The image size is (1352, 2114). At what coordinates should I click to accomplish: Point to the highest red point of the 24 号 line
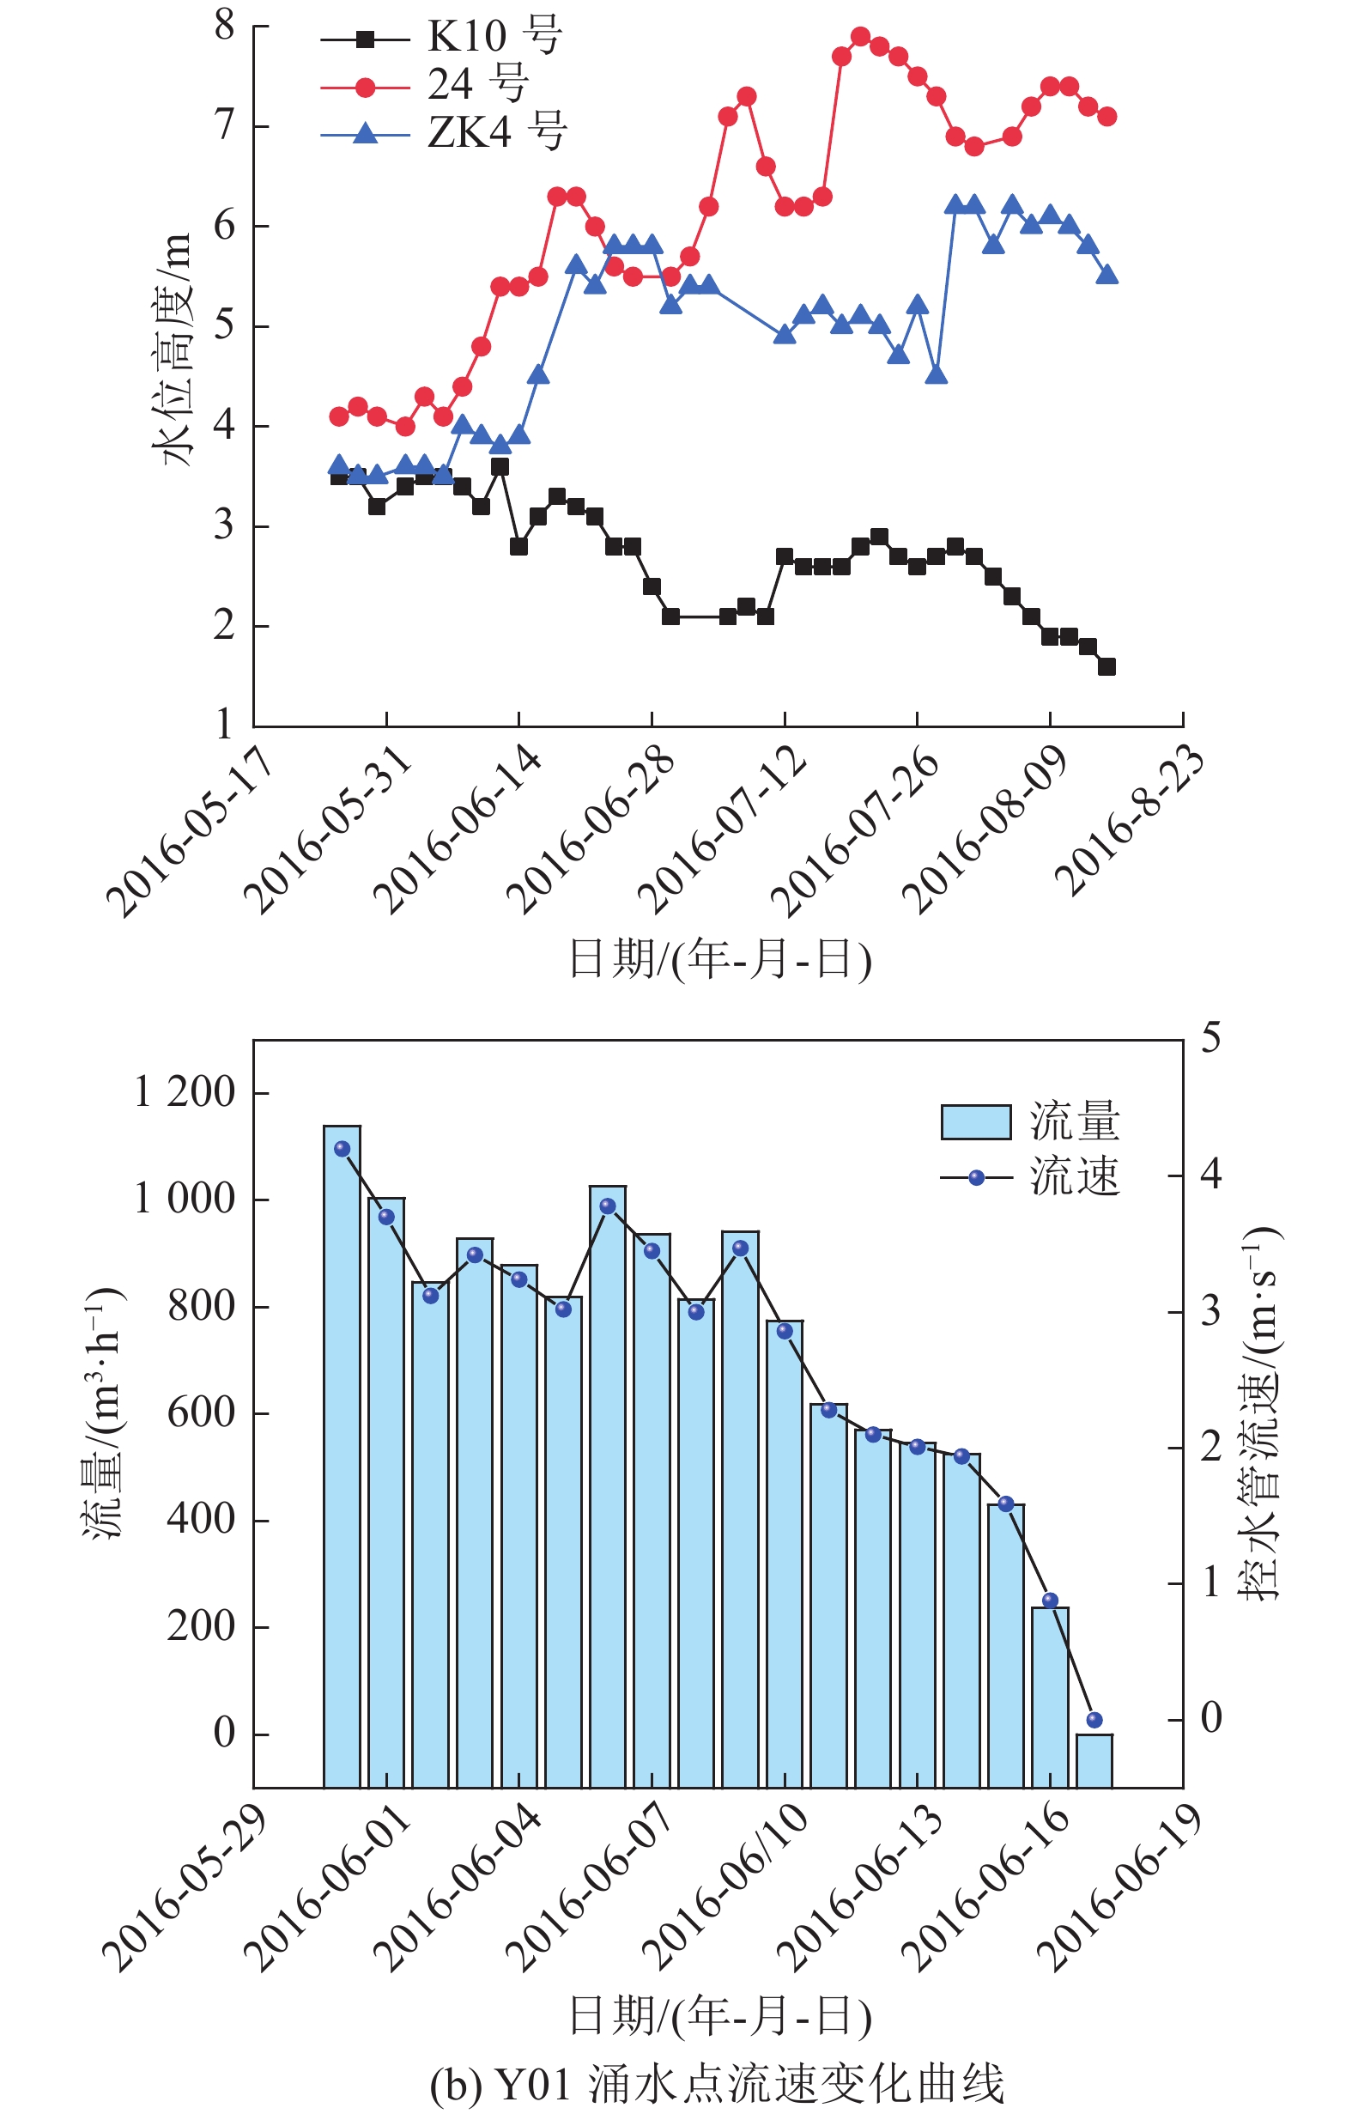(860, 37)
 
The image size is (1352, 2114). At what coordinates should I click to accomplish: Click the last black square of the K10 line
(1107, 666)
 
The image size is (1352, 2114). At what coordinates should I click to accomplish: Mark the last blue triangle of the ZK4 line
(1107, 275)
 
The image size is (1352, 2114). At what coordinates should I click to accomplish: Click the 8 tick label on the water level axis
(225, 27)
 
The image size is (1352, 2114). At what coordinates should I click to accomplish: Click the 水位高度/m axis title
(173, 349)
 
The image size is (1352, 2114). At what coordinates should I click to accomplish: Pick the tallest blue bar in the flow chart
(342, 1457)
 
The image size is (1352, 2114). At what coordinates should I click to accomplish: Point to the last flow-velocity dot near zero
(1094, 1720)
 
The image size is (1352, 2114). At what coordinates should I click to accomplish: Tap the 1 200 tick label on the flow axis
(185, 1093)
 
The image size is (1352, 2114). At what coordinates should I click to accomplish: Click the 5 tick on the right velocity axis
(1211, 1038)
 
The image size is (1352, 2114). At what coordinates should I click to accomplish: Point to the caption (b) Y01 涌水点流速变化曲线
(718, 2082)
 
